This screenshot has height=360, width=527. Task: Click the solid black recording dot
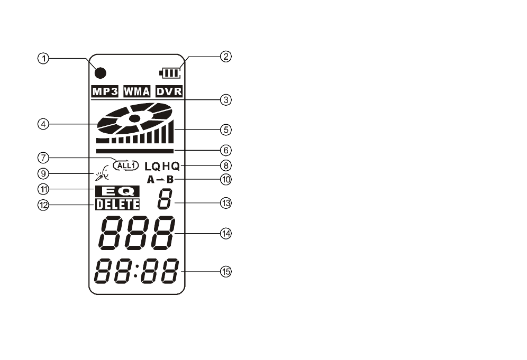point(101,73)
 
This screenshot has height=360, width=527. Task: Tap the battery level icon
point(170,73)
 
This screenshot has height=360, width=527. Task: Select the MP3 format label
point(105,91)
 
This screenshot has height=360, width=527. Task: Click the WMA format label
point(137,91)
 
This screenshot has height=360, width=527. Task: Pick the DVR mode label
point(169,91)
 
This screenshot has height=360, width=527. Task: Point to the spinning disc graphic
point(135,118)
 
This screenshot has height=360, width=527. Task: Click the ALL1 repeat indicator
point(126,165)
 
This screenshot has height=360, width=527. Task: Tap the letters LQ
point(153,166)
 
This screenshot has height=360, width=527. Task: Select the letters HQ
point(171,166)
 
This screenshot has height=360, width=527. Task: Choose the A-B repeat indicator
point(160,180)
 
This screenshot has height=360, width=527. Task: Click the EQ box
point(117,191)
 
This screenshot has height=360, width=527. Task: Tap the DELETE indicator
point(117,204)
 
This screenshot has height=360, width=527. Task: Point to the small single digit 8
point(165,199)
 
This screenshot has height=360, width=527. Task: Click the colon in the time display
point(136,271)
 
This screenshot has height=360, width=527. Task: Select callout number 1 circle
point(43,59)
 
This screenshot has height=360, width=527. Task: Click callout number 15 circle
point(226,271)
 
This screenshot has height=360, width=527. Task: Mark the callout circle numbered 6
point(226,150)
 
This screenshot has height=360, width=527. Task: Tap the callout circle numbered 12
point(43,205)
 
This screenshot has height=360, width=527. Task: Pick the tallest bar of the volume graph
point(171,131)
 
